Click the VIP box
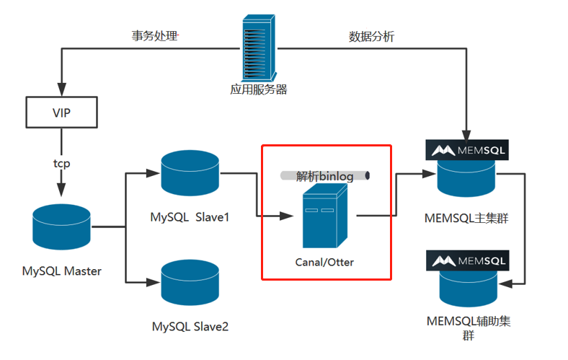pos(61,113)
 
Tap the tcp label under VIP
pos(61,164)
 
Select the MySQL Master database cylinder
pos(61,227)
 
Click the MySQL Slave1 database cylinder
pos(190,173)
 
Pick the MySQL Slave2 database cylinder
pos(190,283)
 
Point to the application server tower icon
pos(259,48)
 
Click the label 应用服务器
pos(259,89)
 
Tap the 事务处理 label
pos(155,36)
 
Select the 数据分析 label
pos(371,37)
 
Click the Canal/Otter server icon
pos(325,216)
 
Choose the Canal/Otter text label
pos(324,262)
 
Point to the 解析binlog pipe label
pos(325,176)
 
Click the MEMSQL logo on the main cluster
pos(467,150)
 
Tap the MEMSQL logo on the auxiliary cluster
pos(468,260)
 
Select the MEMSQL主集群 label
pos(466,219)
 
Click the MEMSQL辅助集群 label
pos(469,328)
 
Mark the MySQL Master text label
pos(62,271)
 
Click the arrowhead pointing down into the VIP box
pos(61,89)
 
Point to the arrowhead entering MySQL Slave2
pos(154,282)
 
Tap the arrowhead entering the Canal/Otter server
pos(286,216)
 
